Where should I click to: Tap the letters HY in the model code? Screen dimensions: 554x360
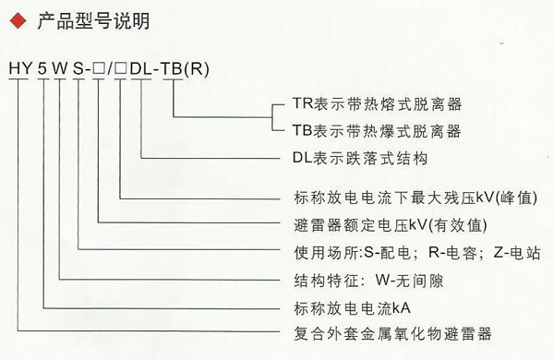tap(19, 69)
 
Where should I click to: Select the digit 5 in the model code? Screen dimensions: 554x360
tap(42, 69)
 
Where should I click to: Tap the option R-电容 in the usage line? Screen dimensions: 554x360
tap(444, 250)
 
